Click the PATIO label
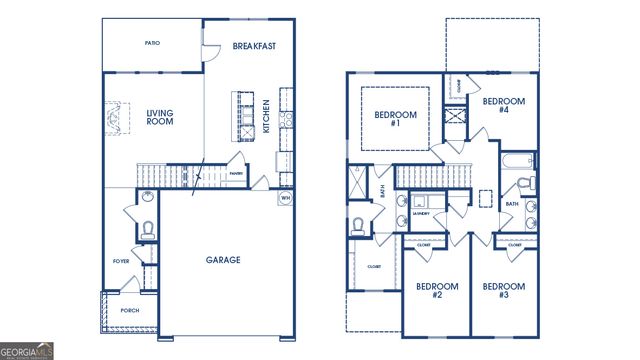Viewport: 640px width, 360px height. [152, 43]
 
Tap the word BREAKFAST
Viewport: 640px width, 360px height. [254, 46]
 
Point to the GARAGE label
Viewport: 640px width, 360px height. [222, 260]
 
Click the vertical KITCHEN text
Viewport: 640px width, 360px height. [266, 116]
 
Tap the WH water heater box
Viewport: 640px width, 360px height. [285, 197]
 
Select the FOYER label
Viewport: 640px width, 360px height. [121, 261]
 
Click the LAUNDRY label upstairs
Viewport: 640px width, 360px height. [421, 213]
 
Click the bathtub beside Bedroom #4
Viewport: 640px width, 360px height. [517, 162]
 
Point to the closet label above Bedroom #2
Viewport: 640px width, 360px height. [423, 244]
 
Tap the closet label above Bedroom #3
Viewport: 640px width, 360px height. [515, 244]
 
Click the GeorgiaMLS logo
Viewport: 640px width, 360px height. [27, 350]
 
